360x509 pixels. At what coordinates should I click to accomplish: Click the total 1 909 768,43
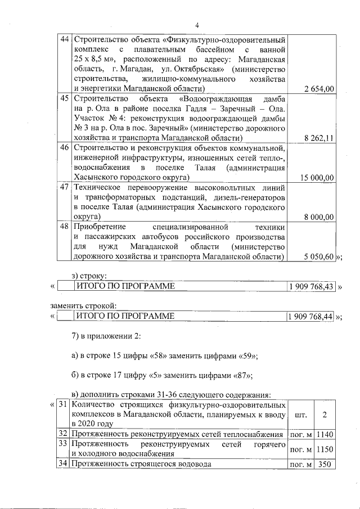[x=311, y=287]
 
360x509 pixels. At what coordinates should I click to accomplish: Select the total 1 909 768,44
[x=311, y=317]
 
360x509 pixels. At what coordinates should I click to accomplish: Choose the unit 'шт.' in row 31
[x=300, y=415]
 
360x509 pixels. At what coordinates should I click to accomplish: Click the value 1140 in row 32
[x=323, y=434]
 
